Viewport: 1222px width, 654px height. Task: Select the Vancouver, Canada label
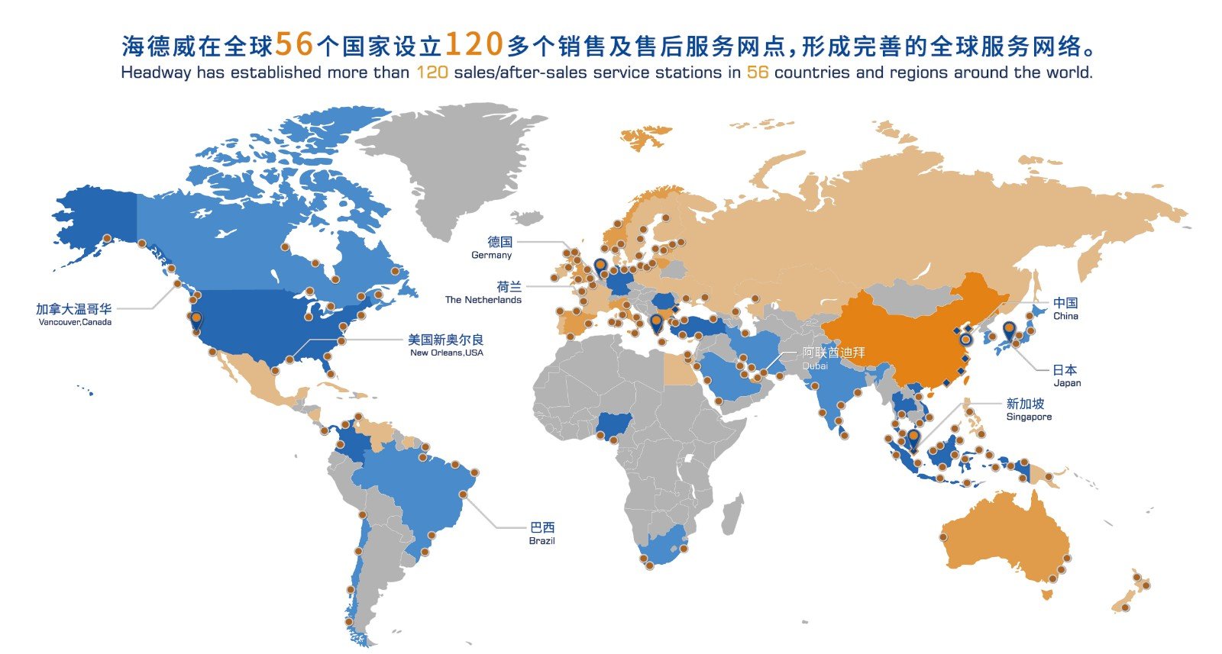[x=74, y=314]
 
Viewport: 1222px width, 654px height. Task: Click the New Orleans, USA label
[x=446, y=345]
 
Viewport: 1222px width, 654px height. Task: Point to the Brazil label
[x=541, y=533]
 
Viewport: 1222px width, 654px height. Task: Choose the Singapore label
[x=1027, y=409]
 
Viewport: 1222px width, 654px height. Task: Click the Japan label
[x=1066, y=375]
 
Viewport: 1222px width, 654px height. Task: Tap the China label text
[x=1065, y=308]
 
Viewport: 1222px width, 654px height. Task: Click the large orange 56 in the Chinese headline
[x=294, y=45]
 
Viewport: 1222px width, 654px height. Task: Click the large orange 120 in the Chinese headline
[x=473, y=45]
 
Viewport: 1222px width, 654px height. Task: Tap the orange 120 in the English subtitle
[x=432, y=72]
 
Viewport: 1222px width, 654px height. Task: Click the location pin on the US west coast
[x=196, y=321]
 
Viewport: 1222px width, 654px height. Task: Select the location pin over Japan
[x=1009, y=330]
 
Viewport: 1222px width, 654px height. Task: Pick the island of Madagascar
[x=731, y=514]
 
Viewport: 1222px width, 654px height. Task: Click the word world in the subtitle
[x=1070, y=72]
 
